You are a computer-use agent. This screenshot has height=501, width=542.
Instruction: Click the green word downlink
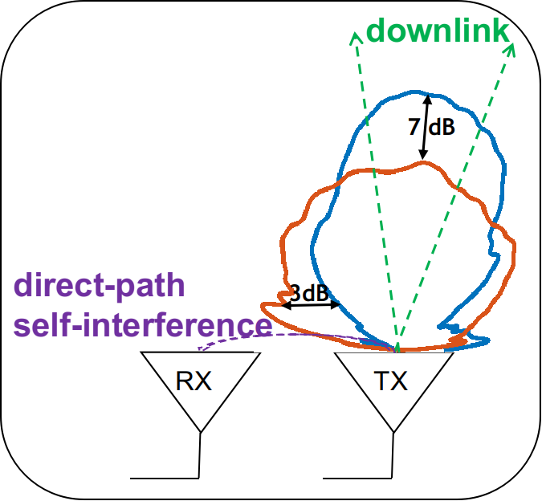point(438,31)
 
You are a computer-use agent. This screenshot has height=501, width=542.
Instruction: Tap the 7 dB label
point(431,127)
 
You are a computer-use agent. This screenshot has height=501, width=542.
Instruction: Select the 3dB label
point(308,293)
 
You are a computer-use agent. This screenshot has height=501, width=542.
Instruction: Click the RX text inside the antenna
point(194,381)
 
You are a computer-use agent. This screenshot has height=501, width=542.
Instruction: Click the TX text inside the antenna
point(390,381)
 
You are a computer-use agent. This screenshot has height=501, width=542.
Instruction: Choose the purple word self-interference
point(142,325)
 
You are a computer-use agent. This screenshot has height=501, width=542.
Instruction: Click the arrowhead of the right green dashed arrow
point(510,49)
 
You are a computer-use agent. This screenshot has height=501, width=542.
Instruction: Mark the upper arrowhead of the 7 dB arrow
point(428,99)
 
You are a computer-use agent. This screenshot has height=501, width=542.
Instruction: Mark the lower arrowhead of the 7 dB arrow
point(423,155)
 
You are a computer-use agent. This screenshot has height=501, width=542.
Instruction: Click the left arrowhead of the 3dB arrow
point(286,305)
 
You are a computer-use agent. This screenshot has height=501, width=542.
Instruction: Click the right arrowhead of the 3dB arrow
point(336,305)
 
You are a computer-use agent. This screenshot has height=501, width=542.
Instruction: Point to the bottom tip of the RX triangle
point(201,432)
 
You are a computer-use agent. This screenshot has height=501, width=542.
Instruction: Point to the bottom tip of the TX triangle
point(393,432)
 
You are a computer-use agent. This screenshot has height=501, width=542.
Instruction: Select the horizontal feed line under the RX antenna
point(165,479)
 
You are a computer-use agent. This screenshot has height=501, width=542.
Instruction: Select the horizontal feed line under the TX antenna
point(357,479)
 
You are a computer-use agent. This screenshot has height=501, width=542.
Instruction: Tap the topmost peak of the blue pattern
point(413,92)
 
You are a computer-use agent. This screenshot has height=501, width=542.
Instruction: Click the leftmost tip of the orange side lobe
point(262,305)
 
